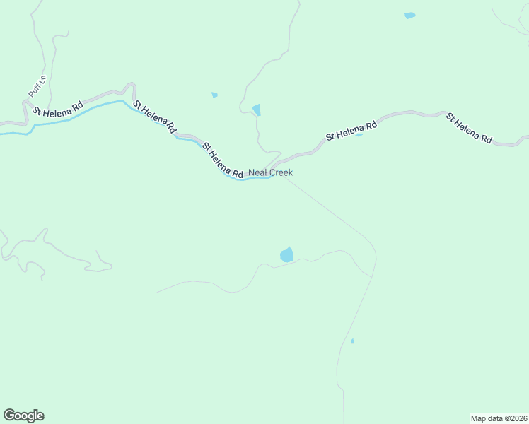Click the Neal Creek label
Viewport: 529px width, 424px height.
point(270,172)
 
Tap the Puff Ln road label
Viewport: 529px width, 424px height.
point(36,87)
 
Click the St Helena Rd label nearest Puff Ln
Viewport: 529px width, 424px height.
point(57,108)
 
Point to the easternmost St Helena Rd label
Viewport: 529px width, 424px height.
point(469,128)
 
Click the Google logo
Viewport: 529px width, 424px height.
point(23,416)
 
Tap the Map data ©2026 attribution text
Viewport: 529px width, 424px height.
point(499,418)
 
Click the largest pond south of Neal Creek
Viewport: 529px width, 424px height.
point(286,254)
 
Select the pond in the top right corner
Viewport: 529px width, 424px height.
point(409,16)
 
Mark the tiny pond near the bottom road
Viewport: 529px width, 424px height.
point(352,342)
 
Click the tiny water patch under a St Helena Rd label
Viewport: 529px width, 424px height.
point(359,134)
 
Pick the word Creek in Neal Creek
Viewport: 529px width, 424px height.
point(280,172)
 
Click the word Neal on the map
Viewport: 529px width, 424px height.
point(257,172)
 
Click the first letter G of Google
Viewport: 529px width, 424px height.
point(8,416)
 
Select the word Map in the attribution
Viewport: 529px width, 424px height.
point(479,418)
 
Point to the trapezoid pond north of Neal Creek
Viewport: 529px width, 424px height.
point(257,110)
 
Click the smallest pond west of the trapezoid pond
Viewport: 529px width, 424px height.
point(214,95)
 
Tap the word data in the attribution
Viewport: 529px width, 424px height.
point(494,418)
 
